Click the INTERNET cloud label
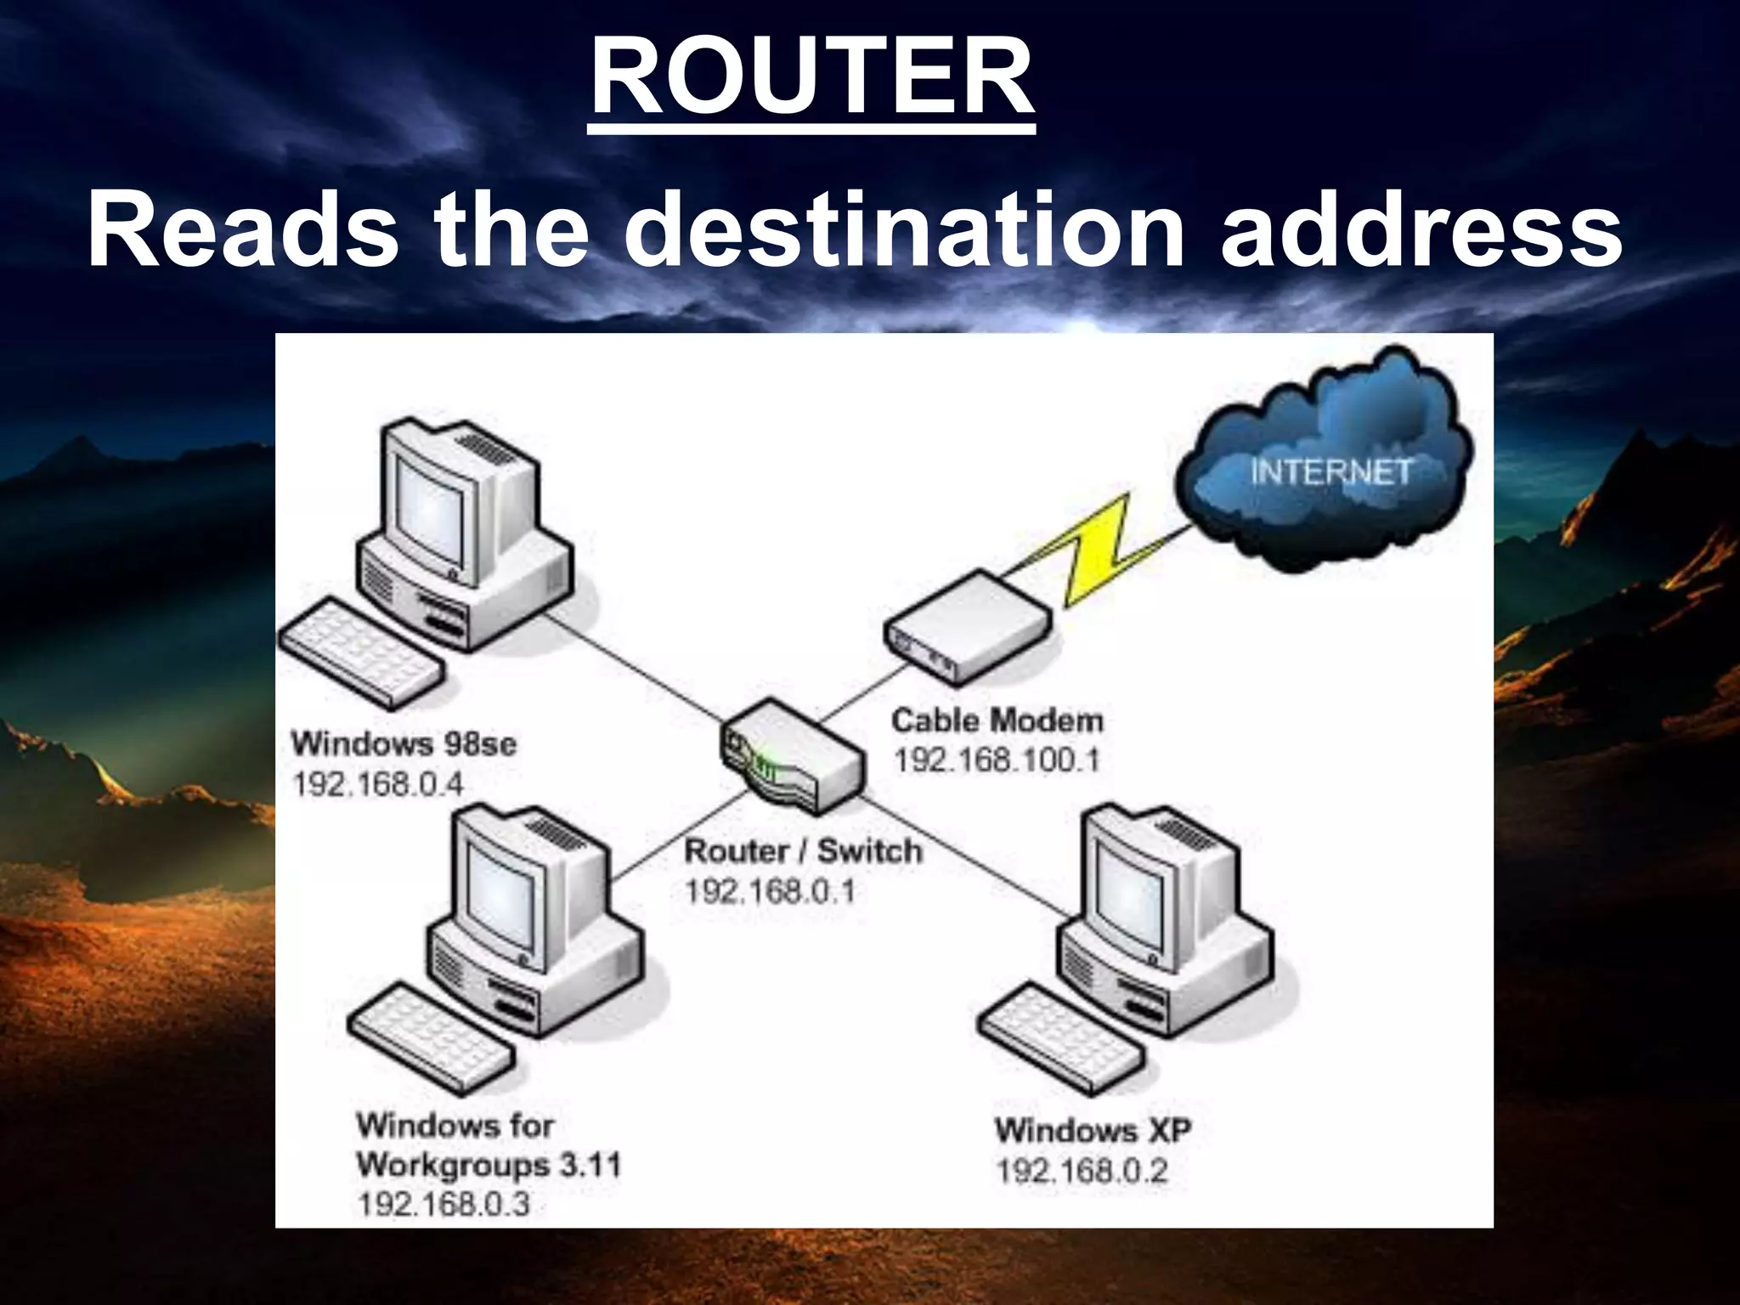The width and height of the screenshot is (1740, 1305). [1330, 472]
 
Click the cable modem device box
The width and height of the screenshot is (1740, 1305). [969, 629]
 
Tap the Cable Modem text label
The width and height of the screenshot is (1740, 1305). [997, 721]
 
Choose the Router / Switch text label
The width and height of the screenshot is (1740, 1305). [803, 851]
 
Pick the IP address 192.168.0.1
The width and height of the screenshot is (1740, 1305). [770, 891]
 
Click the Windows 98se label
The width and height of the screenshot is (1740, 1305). [404, 744]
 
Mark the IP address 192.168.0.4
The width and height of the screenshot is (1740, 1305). [378, 784]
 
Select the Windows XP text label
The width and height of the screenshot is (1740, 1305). [1093, 1131]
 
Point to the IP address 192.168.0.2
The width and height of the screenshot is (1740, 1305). [1082, 1172]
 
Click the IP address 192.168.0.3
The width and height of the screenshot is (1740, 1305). [443, 1204]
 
